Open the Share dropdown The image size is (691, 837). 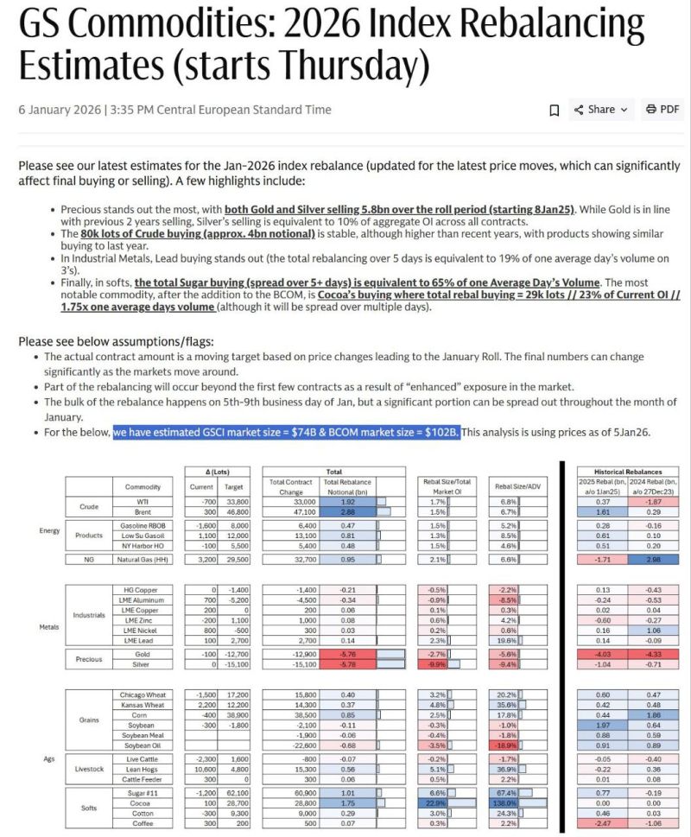coord(606,110)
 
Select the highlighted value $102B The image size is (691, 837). coord(439,431)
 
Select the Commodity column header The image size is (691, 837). coord(143,487)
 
